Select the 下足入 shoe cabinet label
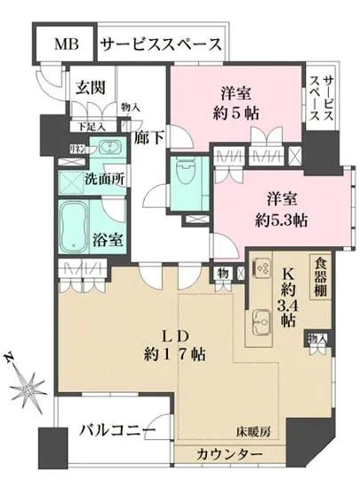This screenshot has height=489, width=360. (x=90, y=127)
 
